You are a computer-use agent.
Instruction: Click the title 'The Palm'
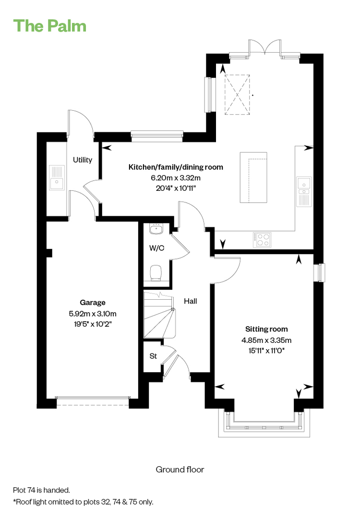[x=50, y=26]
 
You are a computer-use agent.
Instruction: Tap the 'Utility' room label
[x=83, y=160]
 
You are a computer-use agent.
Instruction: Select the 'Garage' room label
[x=93, y=303]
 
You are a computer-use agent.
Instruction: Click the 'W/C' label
[x=157, y=248]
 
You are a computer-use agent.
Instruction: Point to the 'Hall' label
[x=191, y=301]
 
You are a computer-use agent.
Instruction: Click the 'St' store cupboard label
[x=153, y=356]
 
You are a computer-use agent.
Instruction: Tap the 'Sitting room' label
[x=266, y=329]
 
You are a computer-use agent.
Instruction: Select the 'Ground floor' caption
[x=180, y=470]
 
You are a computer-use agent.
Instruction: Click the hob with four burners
[x=262, y=240]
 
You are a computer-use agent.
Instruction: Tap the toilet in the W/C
[x=156, y=273]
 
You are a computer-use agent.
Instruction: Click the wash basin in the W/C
[x=156, y=228]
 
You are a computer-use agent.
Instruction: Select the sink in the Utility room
[x=57, y=177]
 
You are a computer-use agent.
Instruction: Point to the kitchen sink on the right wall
[x=304, y=191]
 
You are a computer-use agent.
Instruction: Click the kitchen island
[x=253, y=177]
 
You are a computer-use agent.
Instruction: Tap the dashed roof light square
[x=237, y=94]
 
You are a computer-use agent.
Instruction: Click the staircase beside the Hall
[x=159, y=315]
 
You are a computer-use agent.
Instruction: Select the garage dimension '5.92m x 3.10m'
[x=93, y=314]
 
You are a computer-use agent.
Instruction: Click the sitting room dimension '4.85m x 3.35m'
[x=266, y=341]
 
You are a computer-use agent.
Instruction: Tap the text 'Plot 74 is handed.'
[x=42, y=490]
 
